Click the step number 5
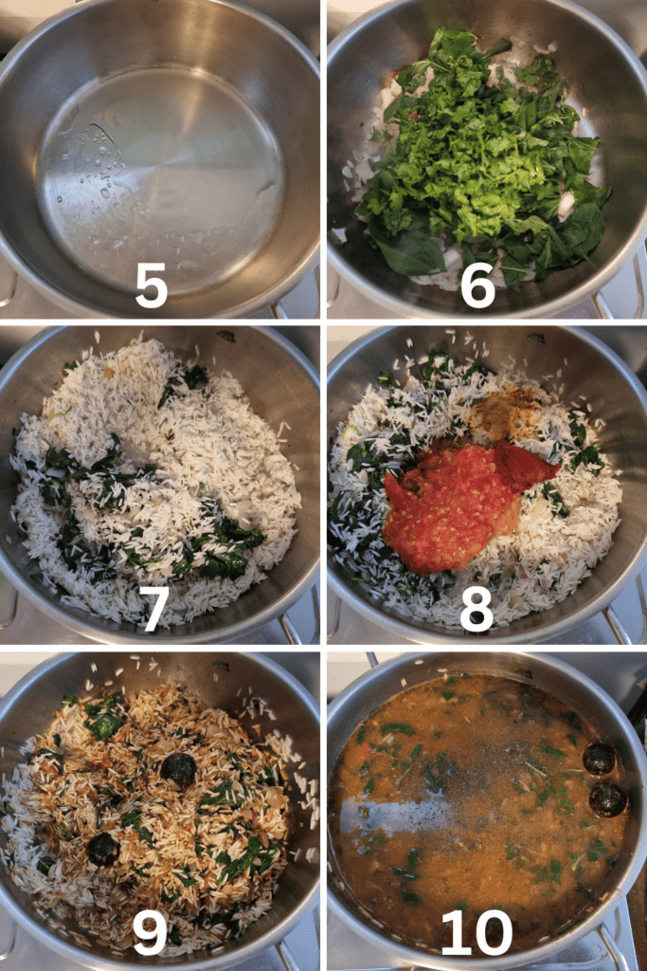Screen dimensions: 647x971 (x=152, y=284)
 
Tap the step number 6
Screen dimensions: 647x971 (x=478, y=284)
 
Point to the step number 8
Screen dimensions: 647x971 (x=476, y=609)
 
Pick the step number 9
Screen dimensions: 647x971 (x=150, y=932)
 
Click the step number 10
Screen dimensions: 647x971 (x=476, y=932)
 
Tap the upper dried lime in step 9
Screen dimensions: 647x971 (x=179, y=770)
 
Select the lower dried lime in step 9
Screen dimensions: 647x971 (x=102, y=849)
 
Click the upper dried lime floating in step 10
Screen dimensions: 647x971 (x=600, y=760)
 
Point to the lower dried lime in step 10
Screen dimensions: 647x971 (x=607, y=799)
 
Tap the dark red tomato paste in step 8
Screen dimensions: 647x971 (x=527, y=462)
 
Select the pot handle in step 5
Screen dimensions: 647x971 (x=8, y=284)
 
